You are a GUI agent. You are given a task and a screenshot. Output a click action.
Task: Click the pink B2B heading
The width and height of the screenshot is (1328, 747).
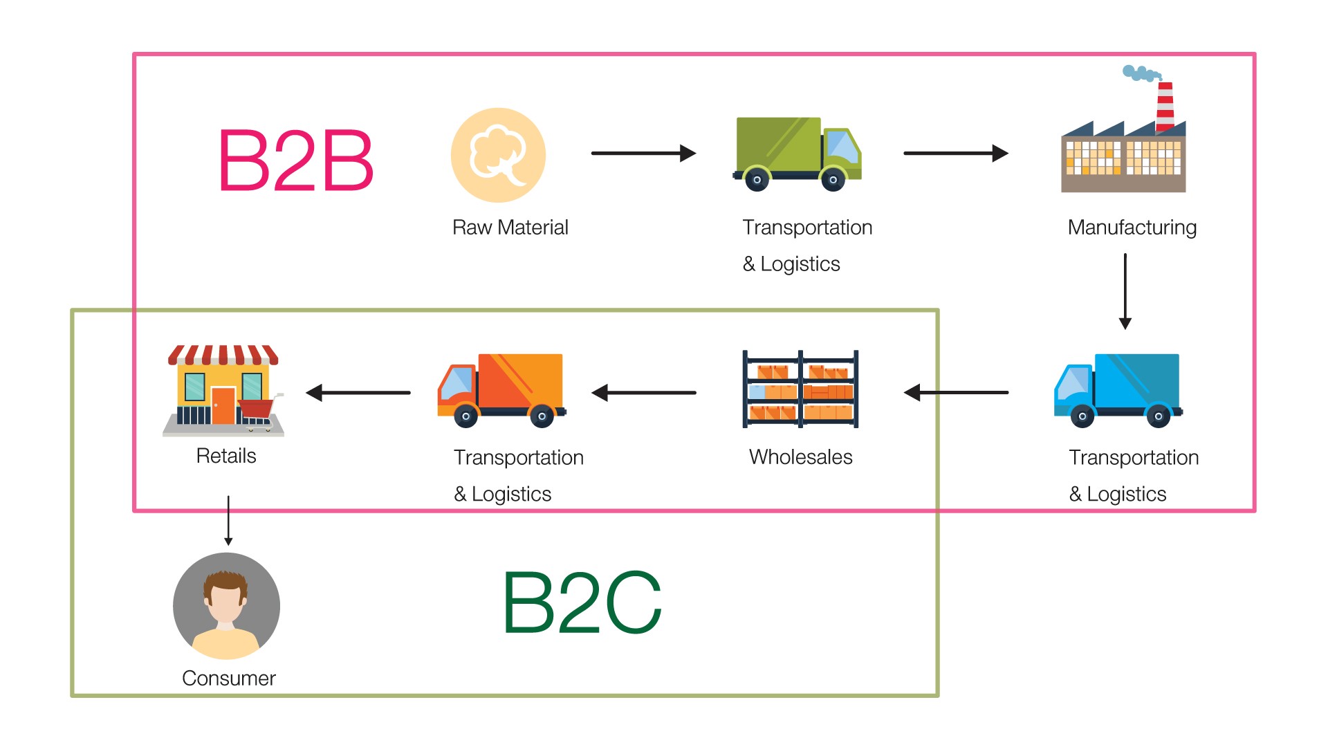[x=295, y=160]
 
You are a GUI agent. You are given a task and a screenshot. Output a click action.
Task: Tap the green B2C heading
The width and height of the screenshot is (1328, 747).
[x=582, y=602]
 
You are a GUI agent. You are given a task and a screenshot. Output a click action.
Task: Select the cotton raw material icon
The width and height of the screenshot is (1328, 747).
[x=498, y=155]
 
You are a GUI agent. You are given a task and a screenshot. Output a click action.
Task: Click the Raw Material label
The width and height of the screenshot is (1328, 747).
[x=510, y=228]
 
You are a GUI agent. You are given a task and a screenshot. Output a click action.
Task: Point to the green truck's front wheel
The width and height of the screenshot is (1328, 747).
[x=833, y=180]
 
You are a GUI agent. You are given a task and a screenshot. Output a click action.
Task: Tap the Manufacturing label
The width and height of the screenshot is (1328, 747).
[x=1132, y=228]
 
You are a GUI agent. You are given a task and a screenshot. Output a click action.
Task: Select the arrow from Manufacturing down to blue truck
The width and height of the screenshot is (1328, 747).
[x=1125, y=290]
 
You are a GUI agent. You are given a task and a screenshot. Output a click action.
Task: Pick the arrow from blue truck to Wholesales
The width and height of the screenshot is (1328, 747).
[x=956, y=393]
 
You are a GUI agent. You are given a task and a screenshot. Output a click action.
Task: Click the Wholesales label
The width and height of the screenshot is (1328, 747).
[x=800, y=457]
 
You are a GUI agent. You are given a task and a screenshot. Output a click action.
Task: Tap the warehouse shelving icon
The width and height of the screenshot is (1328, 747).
[x=800, y=389]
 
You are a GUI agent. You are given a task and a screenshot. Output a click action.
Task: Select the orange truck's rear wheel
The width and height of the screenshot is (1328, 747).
[x=542, y=416]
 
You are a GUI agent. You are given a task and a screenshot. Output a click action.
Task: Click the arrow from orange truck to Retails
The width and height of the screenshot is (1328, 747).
[x=358, y=393]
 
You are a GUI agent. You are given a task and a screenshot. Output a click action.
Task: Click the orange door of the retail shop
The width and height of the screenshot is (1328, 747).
[x=223, y=405]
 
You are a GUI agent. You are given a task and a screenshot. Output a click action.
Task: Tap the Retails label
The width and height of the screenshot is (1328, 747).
[x=226, y=456]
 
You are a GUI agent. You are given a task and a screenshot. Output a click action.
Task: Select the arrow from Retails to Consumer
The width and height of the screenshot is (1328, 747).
[x=228, y=520]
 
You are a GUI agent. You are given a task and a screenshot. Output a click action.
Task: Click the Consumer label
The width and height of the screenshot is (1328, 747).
[x=228, y=679]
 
